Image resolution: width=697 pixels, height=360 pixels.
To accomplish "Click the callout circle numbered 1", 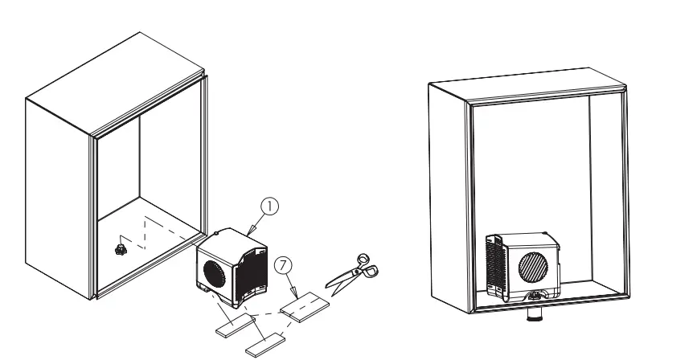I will click(271, 206).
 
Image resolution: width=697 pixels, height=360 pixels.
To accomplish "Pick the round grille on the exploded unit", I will click(213, 270).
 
